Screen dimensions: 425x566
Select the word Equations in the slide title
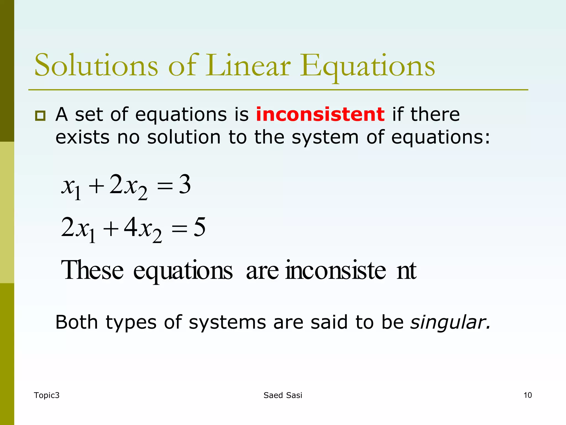pos(368,66)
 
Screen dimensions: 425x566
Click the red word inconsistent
pos(320,114)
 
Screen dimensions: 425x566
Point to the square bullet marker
pos(40,115)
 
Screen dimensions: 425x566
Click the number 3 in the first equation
pos(185,185)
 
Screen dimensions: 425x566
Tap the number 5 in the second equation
pos(199,227)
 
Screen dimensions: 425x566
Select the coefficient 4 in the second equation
pos(130,227)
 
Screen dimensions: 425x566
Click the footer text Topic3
pos(47,395)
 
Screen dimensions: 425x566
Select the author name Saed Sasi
pos(283,395)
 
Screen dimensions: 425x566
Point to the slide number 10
pos(528,395)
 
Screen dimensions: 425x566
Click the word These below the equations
pos(92,270)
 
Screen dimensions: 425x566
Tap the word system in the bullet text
pos(325,138)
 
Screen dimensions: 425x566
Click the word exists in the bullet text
pos(82,137)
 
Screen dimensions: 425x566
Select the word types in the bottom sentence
pos(131,323)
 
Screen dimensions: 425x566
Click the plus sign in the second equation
pos(110,229)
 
